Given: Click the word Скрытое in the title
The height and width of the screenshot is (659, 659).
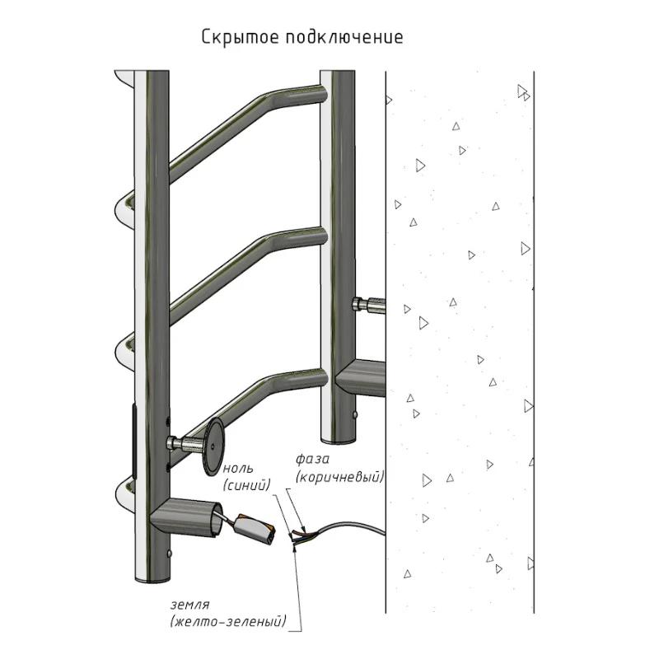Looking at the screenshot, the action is coord(240,37).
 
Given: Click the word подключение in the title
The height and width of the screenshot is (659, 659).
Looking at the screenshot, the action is coord(344,37).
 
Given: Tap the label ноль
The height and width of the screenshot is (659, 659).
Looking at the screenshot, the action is coord(237,468).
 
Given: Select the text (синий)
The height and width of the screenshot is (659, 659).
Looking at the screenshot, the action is coord(246,485).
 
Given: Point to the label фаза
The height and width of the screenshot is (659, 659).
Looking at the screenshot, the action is coord(312,460).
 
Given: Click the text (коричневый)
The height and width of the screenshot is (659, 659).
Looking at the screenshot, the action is coord(339,477).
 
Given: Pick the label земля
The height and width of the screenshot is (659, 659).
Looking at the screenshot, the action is coord(190,605).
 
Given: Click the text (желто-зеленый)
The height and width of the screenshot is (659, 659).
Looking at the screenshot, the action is coord(228,622).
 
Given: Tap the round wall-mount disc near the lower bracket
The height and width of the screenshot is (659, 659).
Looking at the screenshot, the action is coord(213,447).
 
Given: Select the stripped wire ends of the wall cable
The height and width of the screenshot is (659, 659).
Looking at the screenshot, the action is coord(301,536).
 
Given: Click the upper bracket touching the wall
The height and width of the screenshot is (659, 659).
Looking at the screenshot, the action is coord(368,305).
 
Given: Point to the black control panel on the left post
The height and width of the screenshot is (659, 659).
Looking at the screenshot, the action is coord(134,441).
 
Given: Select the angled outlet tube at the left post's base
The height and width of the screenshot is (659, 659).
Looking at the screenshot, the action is coord(185,518).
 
